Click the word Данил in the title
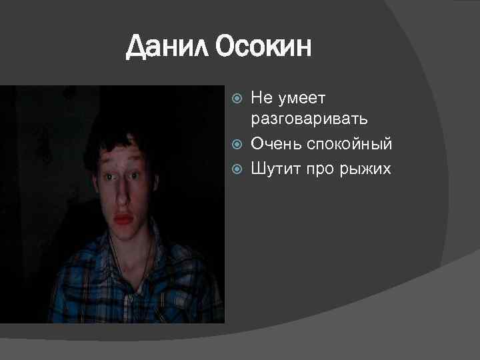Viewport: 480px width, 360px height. click(167, 47)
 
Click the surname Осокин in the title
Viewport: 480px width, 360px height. click(263, 47)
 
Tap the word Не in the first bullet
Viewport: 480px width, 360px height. click(262, 99)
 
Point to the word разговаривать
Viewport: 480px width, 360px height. click(309, 119)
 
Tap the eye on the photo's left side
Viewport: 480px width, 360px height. click(107, 177)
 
